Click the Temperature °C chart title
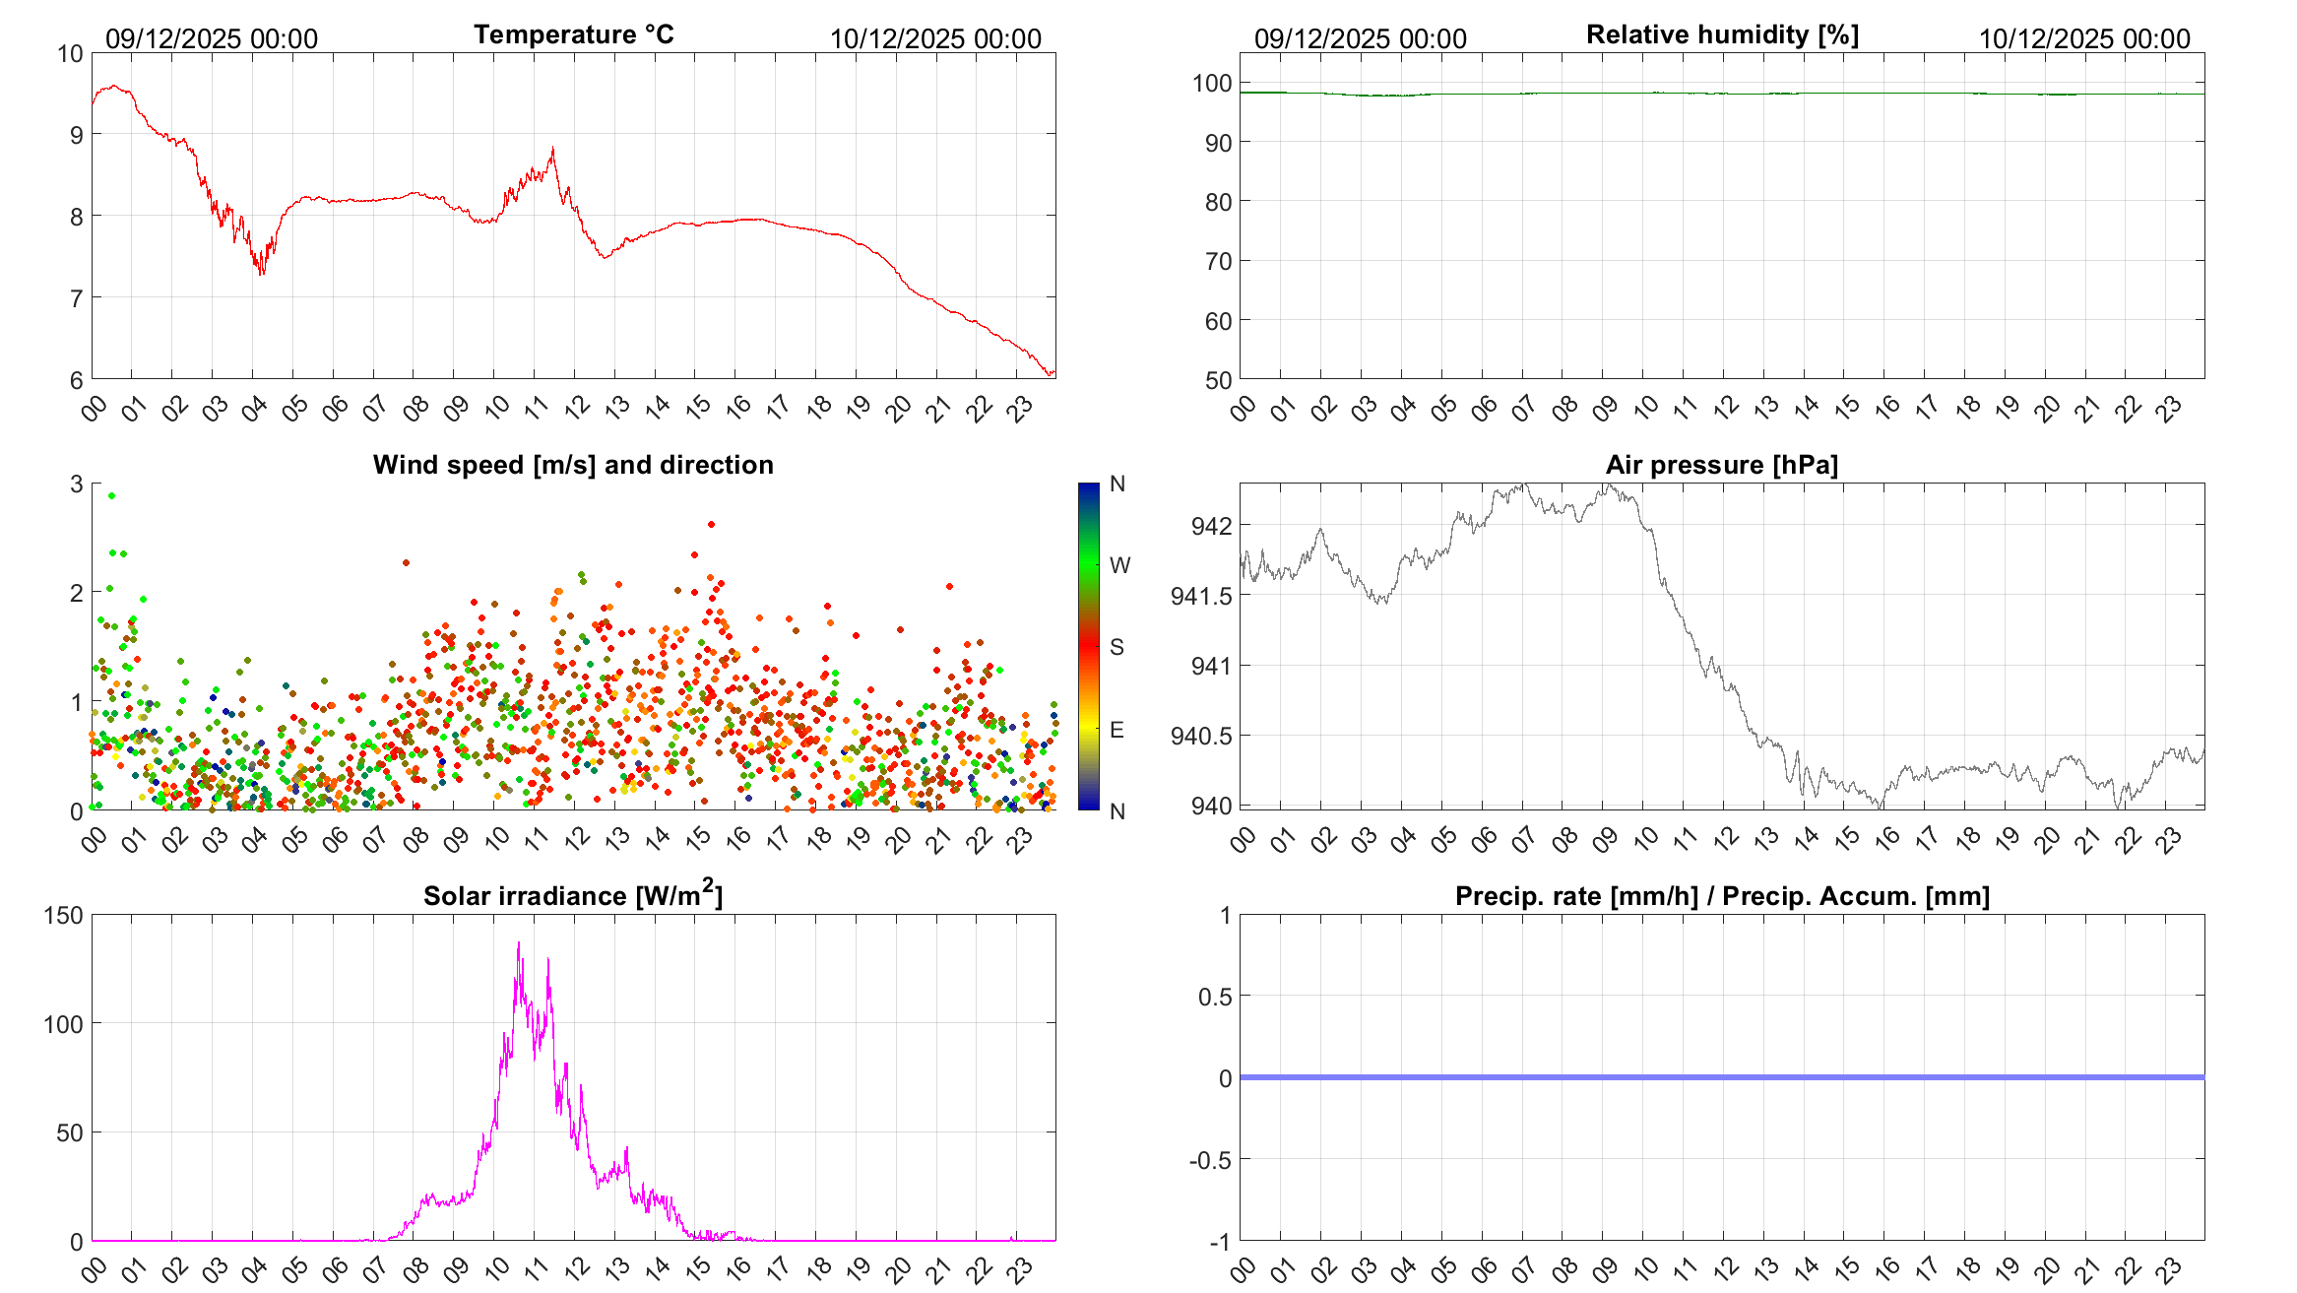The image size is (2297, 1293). (573, 34)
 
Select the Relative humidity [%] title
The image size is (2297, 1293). (1722, 34)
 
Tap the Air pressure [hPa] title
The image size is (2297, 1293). (1721, 465)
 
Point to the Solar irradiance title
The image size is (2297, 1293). (573, 895)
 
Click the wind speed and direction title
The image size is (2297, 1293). (573, 465)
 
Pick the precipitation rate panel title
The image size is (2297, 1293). (1722, 896)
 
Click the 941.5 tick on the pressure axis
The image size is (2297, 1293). (1201, 596)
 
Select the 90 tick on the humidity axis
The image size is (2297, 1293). (1219, 144)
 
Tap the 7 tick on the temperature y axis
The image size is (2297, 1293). (77, 298)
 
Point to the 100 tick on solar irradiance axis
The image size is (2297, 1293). (64, 1024)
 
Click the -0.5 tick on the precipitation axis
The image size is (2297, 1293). (1210, 1160)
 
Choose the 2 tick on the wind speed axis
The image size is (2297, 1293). (77, 593)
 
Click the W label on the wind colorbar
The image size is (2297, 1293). (1119, 565)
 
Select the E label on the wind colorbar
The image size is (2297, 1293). (1117, 730)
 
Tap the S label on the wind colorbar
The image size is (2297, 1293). (1117, 647)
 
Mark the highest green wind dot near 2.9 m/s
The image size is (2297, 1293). (111, 496)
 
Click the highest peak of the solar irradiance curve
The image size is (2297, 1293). (519, 943)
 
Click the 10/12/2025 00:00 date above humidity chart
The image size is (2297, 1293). (2084, 39)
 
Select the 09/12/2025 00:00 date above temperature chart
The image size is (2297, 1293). (212, 39)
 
